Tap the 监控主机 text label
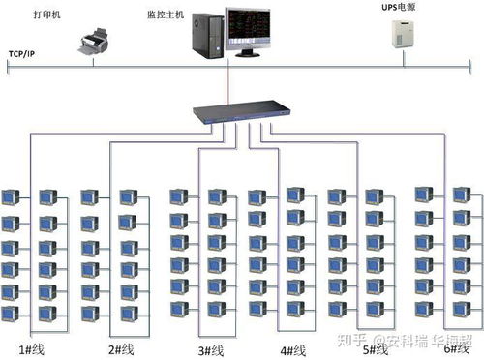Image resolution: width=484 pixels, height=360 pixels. [163, 15]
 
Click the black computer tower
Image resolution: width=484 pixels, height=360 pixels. [204, 35]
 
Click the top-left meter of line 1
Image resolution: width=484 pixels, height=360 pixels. [12, 197]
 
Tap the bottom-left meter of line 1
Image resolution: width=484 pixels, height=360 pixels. [12, 313]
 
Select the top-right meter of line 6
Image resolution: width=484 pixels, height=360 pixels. [461, 195]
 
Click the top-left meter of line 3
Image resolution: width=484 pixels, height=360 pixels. [179, 196]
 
